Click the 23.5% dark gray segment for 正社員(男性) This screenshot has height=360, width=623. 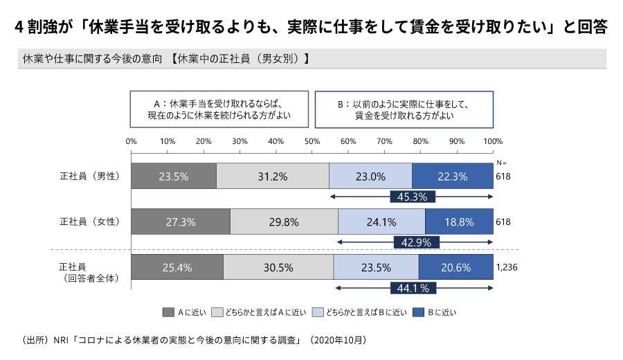[173, 176]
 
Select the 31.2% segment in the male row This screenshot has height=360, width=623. [273, 176]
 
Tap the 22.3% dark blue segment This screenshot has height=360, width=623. [452, 176]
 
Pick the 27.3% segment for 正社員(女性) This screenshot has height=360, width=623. [180, 222]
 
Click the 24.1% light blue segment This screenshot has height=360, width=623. [381, 222]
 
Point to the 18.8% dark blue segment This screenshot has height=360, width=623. [459, 222]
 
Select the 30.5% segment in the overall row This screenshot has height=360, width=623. [278, 267]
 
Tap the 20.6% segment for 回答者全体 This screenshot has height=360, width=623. [455, 267]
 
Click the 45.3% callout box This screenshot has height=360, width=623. [412, 197]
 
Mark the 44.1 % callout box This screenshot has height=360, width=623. [414, 287]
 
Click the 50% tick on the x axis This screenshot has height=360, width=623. [312, 141]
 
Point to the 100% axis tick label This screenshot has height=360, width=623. [493, 141]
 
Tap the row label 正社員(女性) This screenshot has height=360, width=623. [91, 222]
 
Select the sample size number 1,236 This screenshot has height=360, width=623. [507, 267]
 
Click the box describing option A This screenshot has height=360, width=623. [219, 109]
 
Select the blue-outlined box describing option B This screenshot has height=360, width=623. [404, 109]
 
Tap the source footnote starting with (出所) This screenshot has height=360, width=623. [195, 341]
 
